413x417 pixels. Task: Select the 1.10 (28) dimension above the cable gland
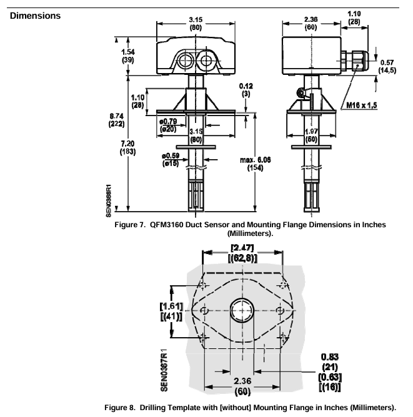tap(353, 17)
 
